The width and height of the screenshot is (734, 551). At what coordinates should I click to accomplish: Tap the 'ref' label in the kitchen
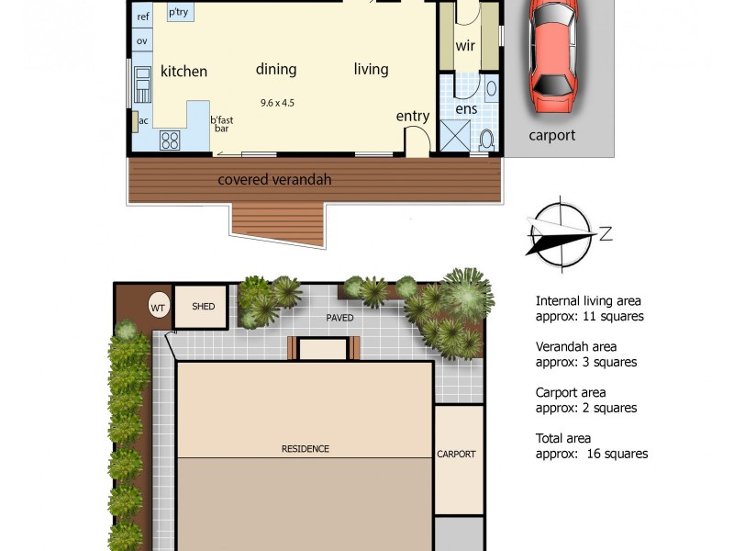coord(143,17)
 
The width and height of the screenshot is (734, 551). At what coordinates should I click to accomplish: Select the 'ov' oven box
coord(142,41)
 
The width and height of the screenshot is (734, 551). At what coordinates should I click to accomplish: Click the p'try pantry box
coord(178,13)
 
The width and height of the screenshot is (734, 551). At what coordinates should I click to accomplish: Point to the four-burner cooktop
coord(171,140)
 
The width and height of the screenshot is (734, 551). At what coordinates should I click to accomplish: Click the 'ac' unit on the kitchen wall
coord(143,121)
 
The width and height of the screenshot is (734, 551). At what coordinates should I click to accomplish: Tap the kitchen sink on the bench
coord(142,83)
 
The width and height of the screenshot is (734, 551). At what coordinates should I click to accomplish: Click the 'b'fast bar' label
coord(221,125)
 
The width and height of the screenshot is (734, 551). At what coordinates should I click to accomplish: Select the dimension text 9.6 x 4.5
coord(276,103)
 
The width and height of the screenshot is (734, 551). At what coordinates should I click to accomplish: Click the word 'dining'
coord(276,69)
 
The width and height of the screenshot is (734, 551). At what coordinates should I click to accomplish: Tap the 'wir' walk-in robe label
coord(465,46)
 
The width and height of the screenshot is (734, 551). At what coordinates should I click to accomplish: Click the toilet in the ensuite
coord(487,139)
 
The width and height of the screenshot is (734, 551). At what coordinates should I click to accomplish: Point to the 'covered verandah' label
coord(274,180)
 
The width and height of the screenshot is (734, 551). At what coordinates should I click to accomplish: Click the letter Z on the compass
coord(606,233)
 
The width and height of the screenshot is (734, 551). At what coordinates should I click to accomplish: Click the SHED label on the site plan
coord(204,306)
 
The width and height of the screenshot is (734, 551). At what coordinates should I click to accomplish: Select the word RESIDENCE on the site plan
coord(305,449)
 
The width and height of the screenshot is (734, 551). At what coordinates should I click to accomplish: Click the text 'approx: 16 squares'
coord(592,454)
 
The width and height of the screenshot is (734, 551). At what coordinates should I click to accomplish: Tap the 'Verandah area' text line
coord(575,346)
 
